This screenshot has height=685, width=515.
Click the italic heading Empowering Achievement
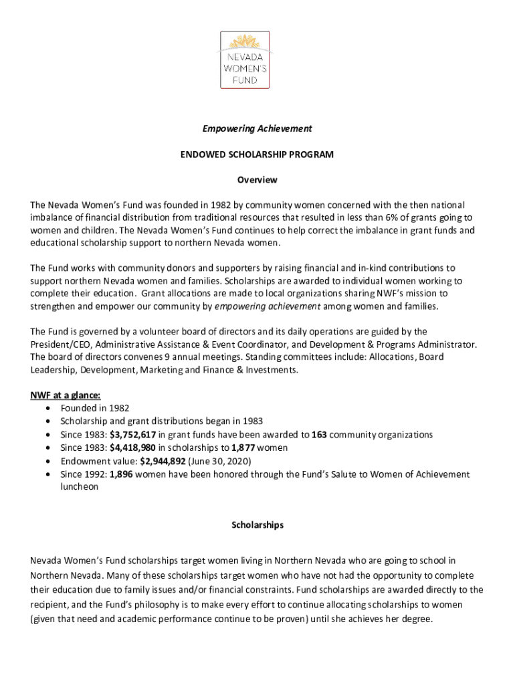[257, 128]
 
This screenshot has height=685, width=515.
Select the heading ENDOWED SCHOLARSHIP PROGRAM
[257, 154]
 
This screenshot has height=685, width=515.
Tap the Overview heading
[257, 180]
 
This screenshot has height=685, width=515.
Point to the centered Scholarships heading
[257, 525]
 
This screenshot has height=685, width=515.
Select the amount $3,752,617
[133, 435]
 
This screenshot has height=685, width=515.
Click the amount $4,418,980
[133, 448]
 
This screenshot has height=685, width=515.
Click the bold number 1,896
[124, 474]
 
